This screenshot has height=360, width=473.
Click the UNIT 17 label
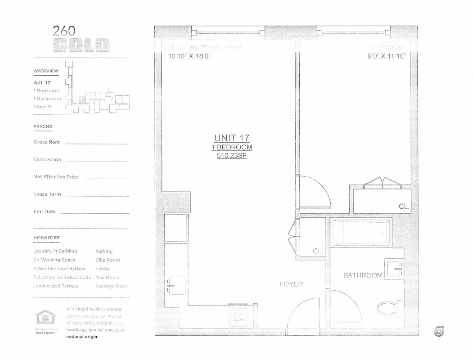232,138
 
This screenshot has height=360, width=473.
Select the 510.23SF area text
232,156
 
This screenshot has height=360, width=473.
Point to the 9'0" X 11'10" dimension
386,56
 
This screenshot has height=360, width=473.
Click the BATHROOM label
363,275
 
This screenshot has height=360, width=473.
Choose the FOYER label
291,284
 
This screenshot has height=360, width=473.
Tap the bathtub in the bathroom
361,233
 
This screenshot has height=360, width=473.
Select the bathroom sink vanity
394,269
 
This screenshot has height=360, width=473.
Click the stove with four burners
237,317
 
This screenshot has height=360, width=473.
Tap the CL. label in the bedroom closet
404,207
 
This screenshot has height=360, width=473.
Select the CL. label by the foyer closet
318,252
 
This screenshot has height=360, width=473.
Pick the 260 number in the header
64,31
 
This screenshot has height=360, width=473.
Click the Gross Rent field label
46,142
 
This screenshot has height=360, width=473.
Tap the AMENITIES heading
46,237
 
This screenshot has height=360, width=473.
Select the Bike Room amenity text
108,260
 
